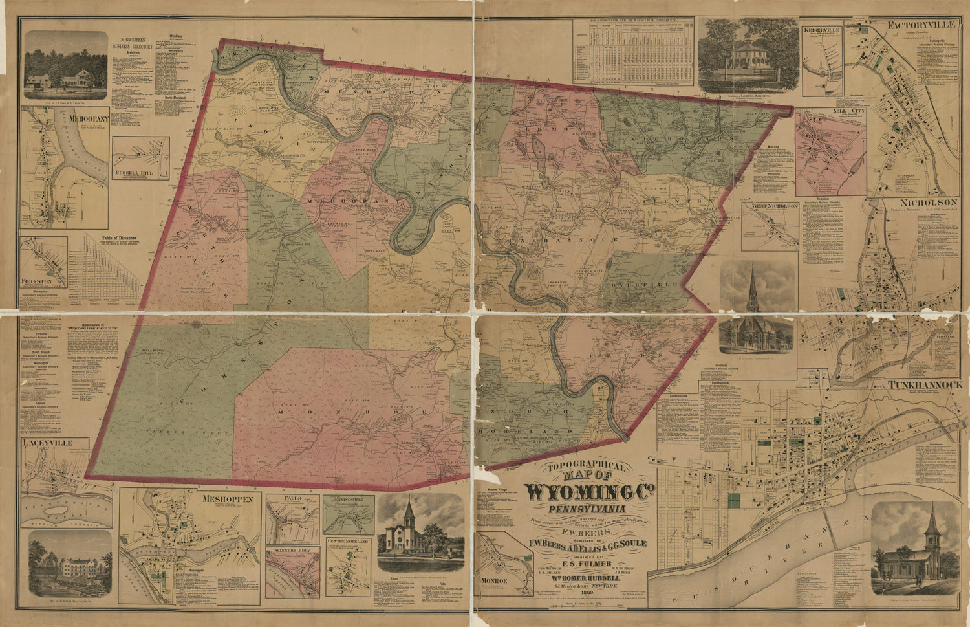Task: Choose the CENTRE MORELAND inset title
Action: pyautogui.click(x=348, y=541)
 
